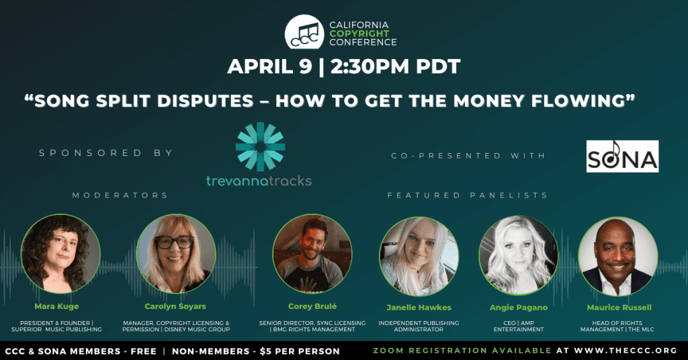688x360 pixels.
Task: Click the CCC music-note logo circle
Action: pos(304,32)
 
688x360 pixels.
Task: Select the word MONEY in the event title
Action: pos(489,101)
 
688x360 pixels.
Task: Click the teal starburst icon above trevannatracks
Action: pos(260,146)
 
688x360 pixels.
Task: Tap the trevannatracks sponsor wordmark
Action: pos(259,181)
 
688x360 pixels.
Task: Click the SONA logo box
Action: pos(622,156)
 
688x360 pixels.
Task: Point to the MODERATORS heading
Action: pos(120,195)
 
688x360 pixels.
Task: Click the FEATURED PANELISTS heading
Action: pos(468,195)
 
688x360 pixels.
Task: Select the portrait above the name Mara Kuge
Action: pos(60,253)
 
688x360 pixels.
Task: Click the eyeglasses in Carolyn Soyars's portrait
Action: pos(174,242)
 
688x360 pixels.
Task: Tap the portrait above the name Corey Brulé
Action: pos(312,254)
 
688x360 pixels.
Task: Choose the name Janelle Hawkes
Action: pos(419,308)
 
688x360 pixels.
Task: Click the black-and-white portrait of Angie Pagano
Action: pos(519,255)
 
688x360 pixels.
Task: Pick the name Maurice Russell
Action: pos(619,308)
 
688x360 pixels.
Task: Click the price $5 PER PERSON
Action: pos(300,351)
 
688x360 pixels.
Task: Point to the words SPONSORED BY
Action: pos(106,153)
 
